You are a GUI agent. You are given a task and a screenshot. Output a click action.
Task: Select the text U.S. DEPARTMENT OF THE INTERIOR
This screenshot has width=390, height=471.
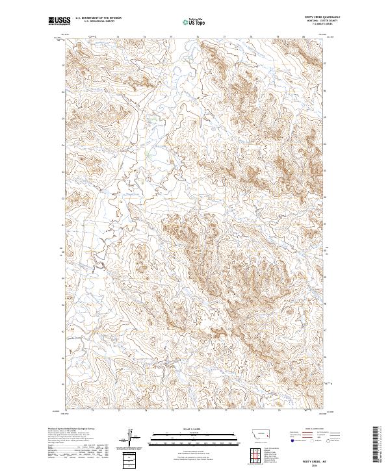pos(98,19)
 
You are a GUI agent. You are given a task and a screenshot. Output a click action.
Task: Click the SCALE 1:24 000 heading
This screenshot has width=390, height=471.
pos(194,428)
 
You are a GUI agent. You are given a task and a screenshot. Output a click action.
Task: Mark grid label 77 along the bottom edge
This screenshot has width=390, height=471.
pos(225,411)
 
